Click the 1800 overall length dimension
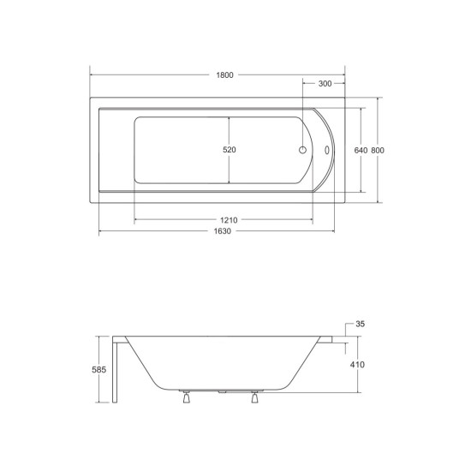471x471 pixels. [x=224, y=75]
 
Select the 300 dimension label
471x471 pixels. [x=325, y=84]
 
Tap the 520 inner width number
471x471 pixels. [x=230, y=150]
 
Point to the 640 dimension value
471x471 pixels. [x=361, y=150]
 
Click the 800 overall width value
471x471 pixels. [x=378, y=150]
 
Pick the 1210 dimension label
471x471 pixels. [x=229, y=220]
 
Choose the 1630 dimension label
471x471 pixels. [x=223, y=231]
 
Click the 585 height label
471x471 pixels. [x=99, y=369]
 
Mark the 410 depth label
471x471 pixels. [x=357, y=365]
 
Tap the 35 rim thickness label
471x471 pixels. [x=360, y=324]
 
